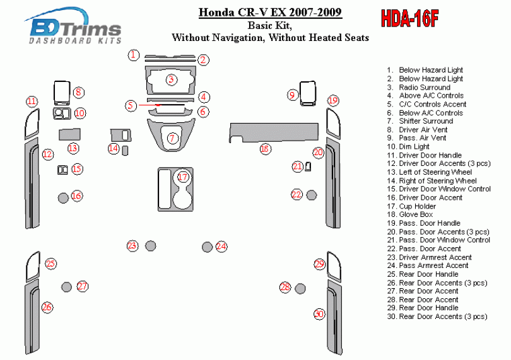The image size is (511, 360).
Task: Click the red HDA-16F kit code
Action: tap(409, 18)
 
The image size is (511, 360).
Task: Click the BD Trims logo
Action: tap(73, 26)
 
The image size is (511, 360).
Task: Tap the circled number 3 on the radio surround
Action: tap(171, 79)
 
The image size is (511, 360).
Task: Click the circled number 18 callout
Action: tap(265, 149)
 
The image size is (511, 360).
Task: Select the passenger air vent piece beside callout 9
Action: tap(308, 94)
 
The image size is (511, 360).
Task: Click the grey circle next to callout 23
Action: tap(150, 246)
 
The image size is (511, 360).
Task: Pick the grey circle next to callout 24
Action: tap(207, 247)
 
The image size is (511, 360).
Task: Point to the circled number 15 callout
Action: tap(77, 169)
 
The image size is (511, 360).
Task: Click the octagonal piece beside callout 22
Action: tap(312, 195)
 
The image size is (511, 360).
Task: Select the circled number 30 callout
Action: tap(319, 314)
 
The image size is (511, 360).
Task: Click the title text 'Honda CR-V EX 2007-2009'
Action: tap(270, 13)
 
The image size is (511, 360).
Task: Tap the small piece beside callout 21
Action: tap(308, 167)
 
